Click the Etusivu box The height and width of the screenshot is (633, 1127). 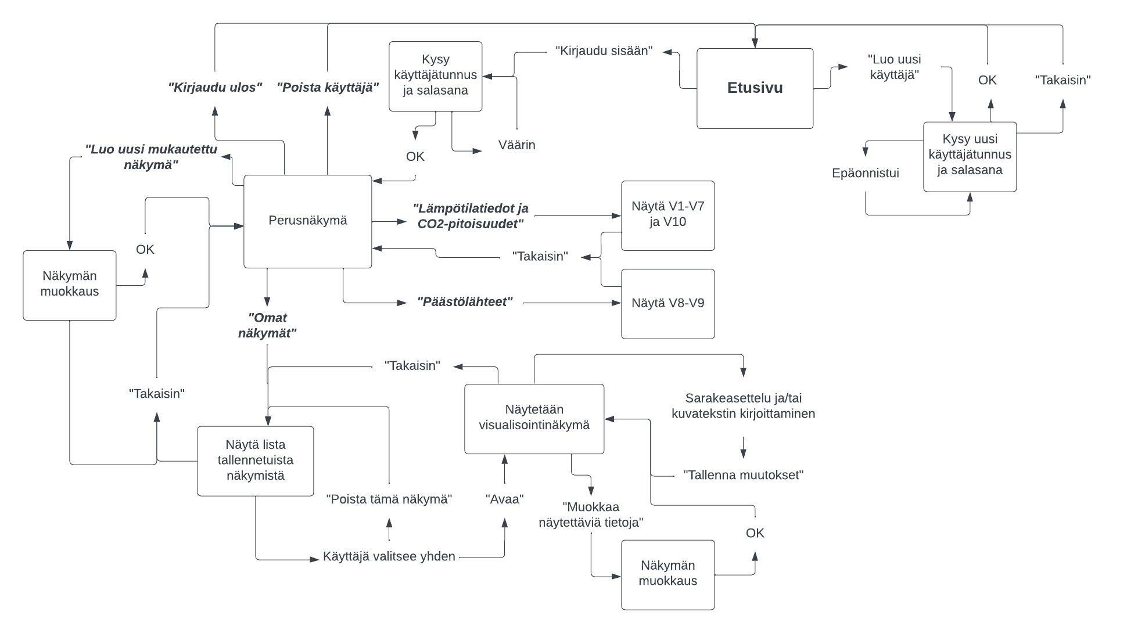(755, 88)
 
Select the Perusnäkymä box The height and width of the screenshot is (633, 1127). (307, 221)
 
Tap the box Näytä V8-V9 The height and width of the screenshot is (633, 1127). (667, 303)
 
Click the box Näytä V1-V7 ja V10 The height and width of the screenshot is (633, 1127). (667, 215)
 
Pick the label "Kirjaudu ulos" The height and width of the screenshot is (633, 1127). (215, 88)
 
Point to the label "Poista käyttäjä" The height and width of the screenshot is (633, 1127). (328, 88)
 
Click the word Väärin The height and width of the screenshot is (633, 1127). (516, 145)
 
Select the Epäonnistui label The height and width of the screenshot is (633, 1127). (865, 173)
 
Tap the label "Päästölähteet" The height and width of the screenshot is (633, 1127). (465, 302)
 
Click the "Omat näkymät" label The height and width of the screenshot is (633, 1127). (267, 325)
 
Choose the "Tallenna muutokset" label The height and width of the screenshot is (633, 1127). (743, 475)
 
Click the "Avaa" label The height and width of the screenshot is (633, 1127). (504, 499)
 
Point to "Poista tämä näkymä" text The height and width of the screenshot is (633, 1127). (389, 499)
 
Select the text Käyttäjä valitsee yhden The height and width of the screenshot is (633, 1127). (389, 556)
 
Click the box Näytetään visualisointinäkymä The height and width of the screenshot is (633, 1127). (534, 418)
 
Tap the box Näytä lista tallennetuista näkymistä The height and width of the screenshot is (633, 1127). (255, 461)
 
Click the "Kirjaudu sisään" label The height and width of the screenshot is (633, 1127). (604, 51)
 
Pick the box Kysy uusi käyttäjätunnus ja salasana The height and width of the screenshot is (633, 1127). (970, 156)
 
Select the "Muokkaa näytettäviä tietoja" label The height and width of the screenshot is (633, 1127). (591, 515)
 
